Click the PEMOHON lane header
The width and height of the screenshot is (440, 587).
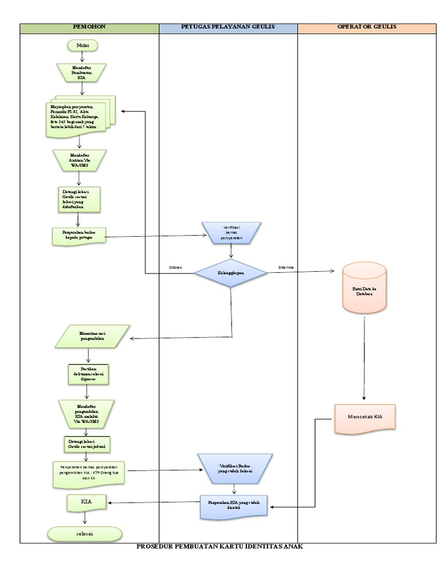pyautogui.click(x=89, y=28)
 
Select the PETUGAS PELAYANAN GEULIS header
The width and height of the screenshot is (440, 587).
pyautogui.click(x=228, y=28)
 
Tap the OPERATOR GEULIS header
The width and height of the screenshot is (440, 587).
pyautogui.click(x=367, y=28)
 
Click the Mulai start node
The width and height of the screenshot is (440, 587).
pyautogui.click(x=83, y=45)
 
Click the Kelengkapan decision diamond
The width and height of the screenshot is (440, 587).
pyautogui.click(x=230, y=273)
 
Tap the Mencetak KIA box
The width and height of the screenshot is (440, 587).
pyautogui.click(x=366, y=417)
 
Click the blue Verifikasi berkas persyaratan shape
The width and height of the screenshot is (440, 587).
pyautogui.click(x=231, y=232)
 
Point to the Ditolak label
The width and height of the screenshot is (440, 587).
pyautogui.click(x=175, y=268)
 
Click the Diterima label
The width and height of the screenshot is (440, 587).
pyautogui.click(x=287, y=268)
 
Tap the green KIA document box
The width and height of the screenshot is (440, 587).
pyautogui.click(x=87, y=503)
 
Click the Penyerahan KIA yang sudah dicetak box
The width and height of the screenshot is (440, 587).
pyautogui.click(x=234, y=505)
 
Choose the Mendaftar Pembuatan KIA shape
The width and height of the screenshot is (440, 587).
pyautogui.click(x=81, y=73)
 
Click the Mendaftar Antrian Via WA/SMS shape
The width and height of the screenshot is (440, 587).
pyautogui.click(x=80, y=160)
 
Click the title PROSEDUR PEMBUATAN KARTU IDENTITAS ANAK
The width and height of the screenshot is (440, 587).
pyautogui.click(x=219, y=547)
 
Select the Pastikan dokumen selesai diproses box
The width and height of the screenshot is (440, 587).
pyautogui.click(x=88, y=373)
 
